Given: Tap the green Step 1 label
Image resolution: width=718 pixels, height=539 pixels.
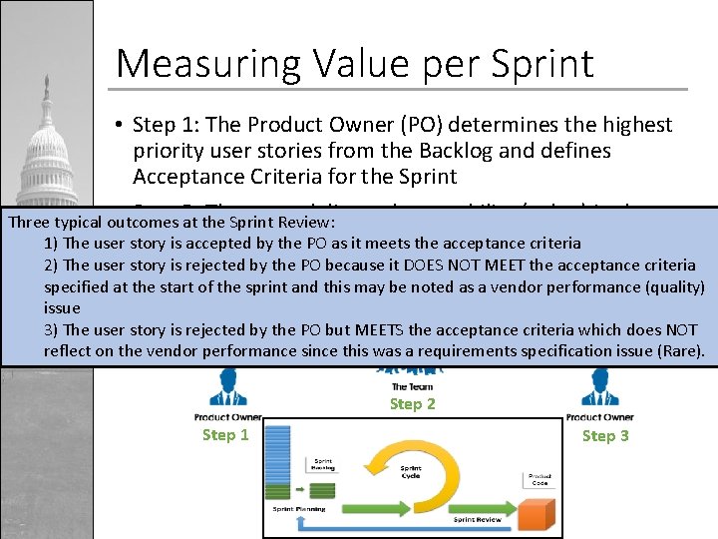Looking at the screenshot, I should (x=225, y=434).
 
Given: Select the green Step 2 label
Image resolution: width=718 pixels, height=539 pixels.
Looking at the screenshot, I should (x=412, y=403).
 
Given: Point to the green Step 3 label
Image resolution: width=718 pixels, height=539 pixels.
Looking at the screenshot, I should (x=605, y=435).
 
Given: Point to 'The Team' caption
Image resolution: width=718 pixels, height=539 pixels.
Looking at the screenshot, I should (x=412, y=386).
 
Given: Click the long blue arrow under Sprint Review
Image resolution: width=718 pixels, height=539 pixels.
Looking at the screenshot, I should (x=419, y=526).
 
